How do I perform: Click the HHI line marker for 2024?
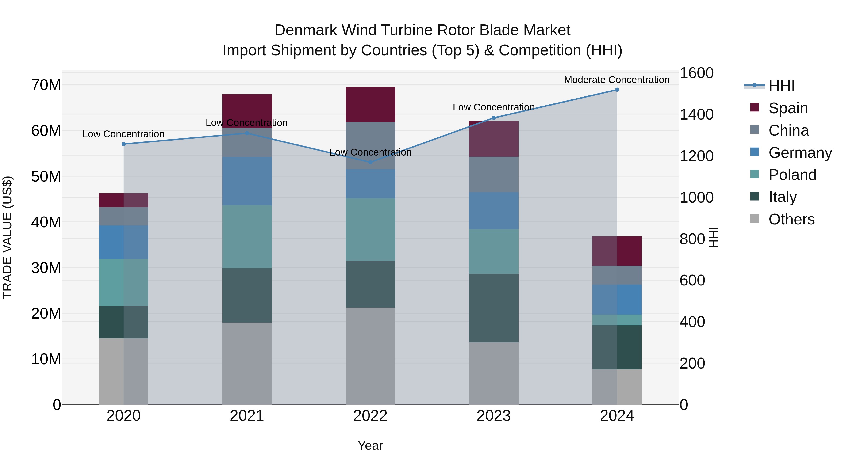617,90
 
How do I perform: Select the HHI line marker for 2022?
370,162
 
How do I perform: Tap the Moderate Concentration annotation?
616,80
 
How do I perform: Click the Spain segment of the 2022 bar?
370,105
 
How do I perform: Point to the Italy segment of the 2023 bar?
494,308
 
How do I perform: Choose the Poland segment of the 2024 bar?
617,320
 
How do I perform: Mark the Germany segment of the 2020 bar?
124,242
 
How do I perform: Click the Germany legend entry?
800,153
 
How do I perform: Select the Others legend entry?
791,219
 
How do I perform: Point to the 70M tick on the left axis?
46,85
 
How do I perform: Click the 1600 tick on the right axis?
696,73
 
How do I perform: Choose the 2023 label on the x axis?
493,416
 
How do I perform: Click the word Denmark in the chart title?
306,30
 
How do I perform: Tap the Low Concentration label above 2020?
123,134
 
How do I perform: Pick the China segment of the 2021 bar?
247,142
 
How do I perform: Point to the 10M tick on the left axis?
46,359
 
